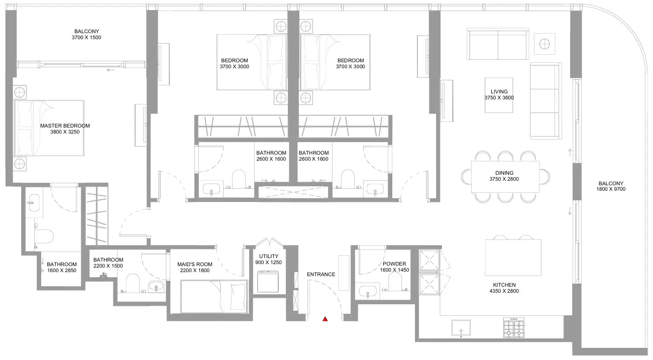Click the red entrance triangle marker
click(x=325, y=319)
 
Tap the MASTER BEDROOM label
click(x=65, y=126)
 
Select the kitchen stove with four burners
click(x=514, y=327)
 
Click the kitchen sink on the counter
click(x=461, y=328)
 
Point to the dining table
click(x=505, y=177)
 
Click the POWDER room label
click(x=394, y=264)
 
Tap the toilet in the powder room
click(x=395, y=282)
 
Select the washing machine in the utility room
click(x=268, y=282)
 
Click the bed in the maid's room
click(x=214, y=296)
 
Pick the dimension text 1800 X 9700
click(x=611, y=189)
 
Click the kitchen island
click(x=513, y=258)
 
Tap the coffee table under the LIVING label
click(x=499, y=95)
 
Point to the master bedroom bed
click(x=49, y=128)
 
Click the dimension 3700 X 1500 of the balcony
click(x=86, y=37)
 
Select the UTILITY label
click(x=269, y=256)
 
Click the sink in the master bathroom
click(x=34, y=202)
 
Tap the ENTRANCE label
click(x=321, y=274)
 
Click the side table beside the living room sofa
click(x=545, y=44)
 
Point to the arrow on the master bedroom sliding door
click(x=111, y=70)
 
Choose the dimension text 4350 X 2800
click(x=504, y=291)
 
